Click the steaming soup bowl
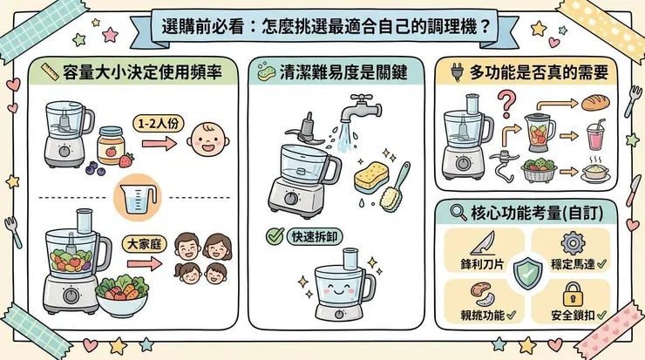pos(595,171)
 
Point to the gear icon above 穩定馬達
pos(572,242)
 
